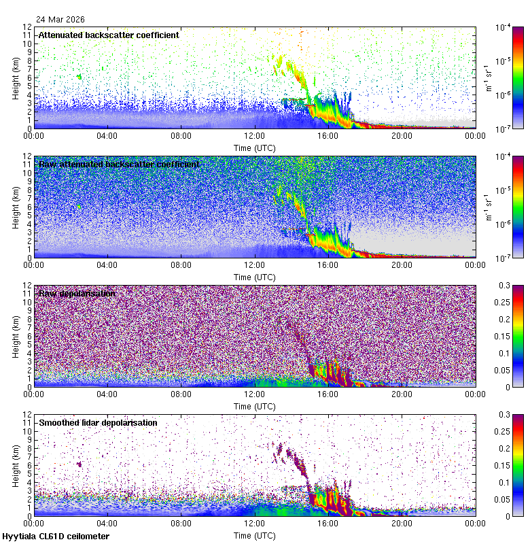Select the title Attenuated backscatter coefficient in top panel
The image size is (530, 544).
pos(109,35)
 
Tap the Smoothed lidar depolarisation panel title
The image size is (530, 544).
pos(98,422)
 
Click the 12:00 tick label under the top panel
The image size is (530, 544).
pos(254,135)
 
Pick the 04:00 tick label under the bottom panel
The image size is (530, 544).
pos(107,523)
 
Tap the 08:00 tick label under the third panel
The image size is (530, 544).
pos(181,394)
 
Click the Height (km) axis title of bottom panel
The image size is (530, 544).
pos(16,464)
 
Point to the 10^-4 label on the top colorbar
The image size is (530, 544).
pos(503,28)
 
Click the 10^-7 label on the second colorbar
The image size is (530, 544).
pos(503,258)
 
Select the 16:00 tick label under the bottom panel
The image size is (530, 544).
pos(328,523)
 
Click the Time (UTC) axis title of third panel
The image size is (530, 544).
pos(254,406)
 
